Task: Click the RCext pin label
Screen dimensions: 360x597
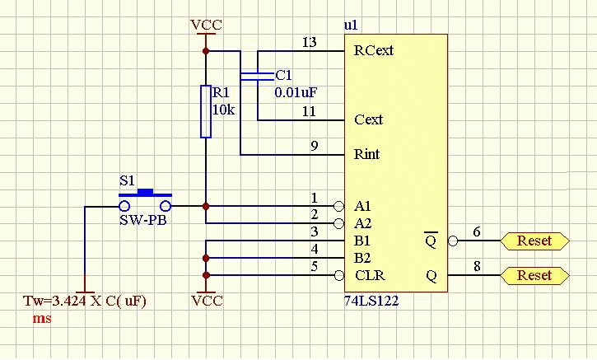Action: (x=373, y=50)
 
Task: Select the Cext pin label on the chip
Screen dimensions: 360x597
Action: (x=368, y=119)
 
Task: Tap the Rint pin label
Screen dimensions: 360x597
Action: (x=366, y=154)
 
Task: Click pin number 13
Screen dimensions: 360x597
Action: (x=309, y=42)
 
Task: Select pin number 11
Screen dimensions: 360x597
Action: (x=309, y=111)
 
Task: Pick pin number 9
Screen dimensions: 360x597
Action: (x=314, y=146)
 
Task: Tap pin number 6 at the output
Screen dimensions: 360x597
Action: (x=477, y=233)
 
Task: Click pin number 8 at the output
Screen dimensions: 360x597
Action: (x=477, y=267)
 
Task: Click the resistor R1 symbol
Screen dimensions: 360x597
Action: (x=206, y=111)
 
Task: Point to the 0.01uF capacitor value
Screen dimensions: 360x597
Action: (x=295, y=91)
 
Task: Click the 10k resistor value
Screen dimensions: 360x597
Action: (x=224, y=109)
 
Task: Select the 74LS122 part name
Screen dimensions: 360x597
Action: (x=372, y=301)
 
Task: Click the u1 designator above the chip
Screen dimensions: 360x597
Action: (x=351, y=26)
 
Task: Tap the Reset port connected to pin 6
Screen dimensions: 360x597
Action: (x=534, y=241)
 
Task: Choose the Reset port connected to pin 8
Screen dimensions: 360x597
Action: (x=534, y=275)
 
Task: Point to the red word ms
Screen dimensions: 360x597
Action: (x=41, y=317)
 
